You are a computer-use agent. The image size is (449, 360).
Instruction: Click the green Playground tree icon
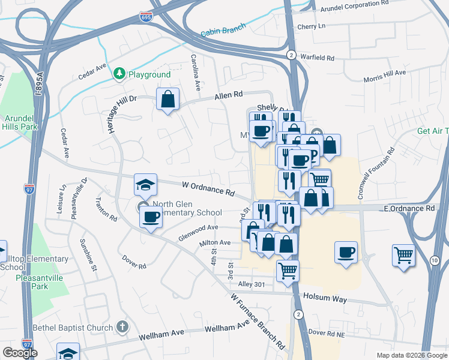click(x=119, y=74)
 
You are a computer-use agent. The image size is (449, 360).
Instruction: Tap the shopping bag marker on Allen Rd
click(x=169, y=99)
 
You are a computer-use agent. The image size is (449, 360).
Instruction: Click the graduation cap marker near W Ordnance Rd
click(x=145, y=186)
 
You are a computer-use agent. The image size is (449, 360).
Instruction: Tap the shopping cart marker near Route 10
click(x=403, y=254)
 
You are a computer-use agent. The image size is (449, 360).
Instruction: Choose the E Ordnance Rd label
click(x=409, y=208)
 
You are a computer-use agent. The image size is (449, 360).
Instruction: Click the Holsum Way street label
click(x=325, y=296)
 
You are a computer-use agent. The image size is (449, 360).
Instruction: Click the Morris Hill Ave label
click(x=385, y=76)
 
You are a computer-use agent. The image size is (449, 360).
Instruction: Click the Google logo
click(x=19, y=352)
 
